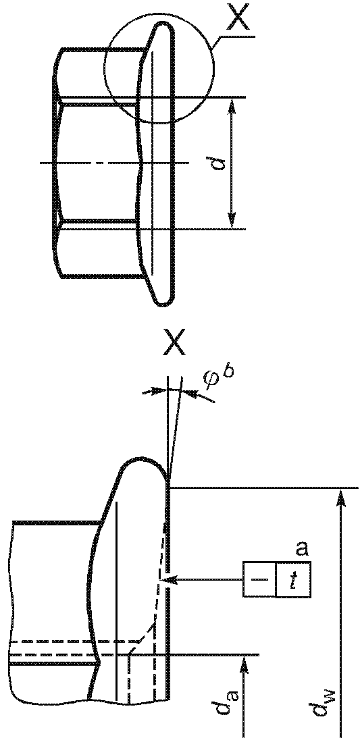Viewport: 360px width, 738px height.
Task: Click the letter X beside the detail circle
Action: [x=240, y=17]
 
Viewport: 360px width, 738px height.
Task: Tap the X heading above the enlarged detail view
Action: [x=174, y=342]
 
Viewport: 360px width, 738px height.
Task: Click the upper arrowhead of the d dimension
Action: [x=232, y=107]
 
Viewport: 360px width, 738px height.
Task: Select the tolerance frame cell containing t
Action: [x=292, y=579]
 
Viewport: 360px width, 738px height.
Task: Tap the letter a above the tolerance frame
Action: [x=302, y=549]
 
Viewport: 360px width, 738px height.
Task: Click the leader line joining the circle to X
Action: [x=233, y=38]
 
